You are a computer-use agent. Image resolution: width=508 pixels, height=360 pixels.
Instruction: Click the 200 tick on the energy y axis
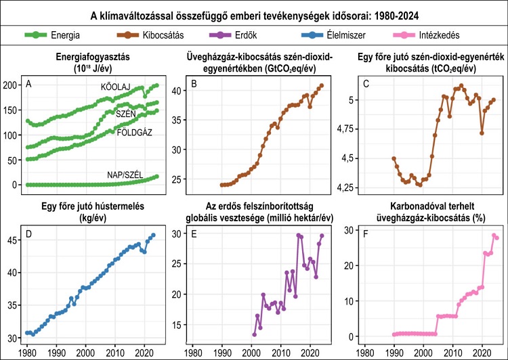click(12, 85)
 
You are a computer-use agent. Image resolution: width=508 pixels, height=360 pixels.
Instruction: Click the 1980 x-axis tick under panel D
click(26, 353)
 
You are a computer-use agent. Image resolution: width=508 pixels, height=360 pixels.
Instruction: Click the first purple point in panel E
click(254, 334)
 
